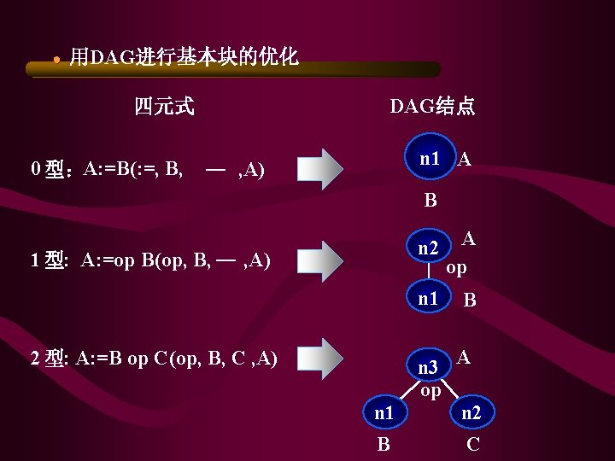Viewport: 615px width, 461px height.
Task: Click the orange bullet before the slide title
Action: pyautogui.click(x=56, y=60)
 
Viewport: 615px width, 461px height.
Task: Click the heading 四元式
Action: pyautogui.click(x=164, y=107)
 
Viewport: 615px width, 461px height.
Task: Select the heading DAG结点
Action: pyautogui.click(x=432, y=107)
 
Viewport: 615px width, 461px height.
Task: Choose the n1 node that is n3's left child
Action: pyautogui.click(x=384, y=413)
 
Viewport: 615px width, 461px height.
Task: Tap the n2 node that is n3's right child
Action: pyautogui.click(x=471, y=413)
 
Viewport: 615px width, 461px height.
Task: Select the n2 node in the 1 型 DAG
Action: pyautogui.click(x=428, y=249)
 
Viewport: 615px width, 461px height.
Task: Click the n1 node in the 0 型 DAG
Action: pyautogui.click(x=430, y=159)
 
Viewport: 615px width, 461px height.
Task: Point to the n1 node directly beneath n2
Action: pyautogui.click(x=428, y=299)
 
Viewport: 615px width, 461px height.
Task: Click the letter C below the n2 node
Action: pyautogui.click(x=473, y=445)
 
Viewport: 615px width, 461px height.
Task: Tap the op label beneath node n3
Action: pyautogui.click(x=430, y=391)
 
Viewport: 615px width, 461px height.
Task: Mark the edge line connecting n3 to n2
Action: pyautogui.click(x=453, y=392)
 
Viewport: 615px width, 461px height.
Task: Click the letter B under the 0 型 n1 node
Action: pyautogui.click(x=430, y=201)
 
